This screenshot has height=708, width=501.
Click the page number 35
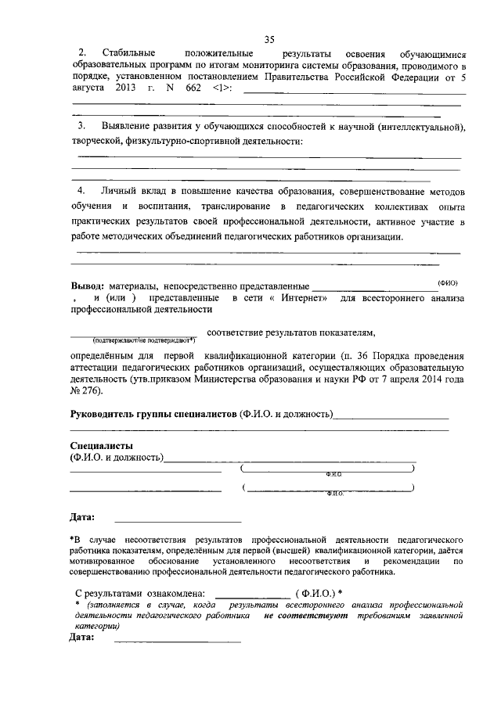(x=269, y=41)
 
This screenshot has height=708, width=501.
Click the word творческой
(x=96, y=141)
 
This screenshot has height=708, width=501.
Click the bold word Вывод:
(x=88, y=286)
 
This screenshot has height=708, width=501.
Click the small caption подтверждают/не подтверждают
(x=143, y=340)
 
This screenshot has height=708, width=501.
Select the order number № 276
(x=86, y=390)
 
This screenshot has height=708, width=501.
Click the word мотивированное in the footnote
(x=107, y=561)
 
